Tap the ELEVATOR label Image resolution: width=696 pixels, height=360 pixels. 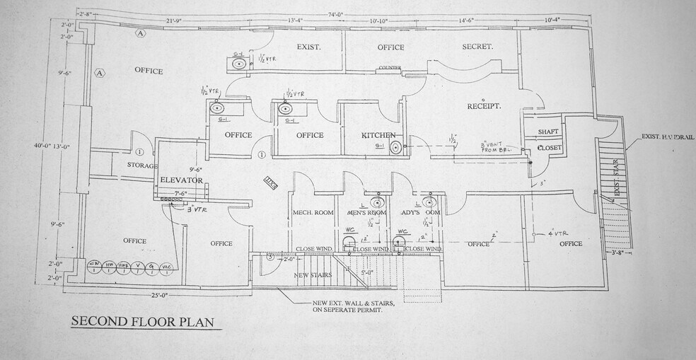click(182, 180)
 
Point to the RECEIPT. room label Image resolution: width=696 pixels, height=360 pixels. click(484, 106)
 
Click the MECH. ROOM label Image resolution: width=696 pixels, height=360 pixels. click(313, 212)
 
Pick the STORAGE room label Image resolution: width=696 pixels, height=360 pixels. click(142, 165)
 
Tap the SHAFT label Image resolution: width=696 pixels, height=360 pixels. click(548, 132)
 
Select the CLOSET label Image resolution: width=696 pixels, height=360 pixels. click(549, 148)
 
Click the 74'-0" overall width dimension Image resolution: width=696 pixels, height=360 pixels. click(337, 13)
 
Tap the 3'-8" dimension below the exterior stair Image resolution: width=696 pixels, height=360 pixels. click(619, 251)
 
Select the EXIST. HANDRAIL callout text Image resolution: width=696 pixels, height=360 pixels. click(668, 136)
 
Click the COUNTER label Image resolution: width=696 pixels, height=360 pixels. click(390, 68)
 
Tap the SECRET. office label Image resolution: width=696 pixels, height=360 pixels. click(477, 47)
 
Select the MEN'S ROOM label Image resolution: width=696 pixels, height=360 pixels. click(366, 212)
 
